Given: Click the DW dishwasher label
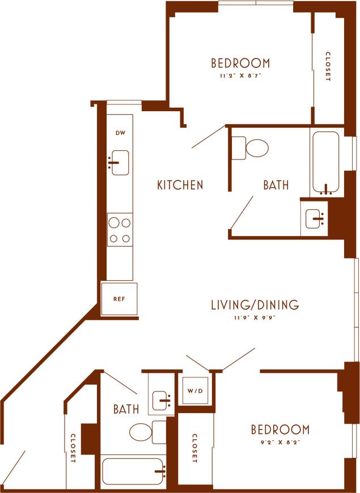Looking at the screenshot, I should (x=120, y=133).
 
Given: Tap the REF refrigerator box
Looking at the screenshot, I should (x=119, y=298).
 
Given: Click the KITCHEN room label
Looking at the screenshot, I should (x=180, y=185).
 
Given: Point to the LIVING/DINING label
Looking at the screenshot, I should (x=255, y=305).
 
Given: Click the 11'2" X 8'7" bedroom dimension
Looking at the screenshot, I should (x=240, y=74).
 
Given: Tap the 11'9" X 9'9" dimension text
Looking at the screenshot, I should (x=255, y=318).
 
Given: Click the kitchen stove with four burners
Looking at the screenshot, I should (x=120, y=230).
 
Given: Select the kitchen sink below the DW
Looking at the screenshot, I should (x=120, y=163).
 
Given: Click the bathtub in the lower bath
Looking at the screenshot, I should (x=134, y=471).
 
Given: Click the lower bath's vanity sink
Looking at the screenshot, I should (x=162, y=401).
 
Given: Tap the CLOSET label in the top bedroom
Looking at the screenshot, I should (x=328, y=67).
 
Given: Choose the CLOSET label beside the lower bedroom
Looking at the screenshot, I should (x=194, y=448).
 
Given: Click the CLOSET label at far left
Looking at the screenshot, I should (x=73, y=449).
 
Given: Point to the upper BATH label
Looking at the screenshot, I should (x=276, y=185).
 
